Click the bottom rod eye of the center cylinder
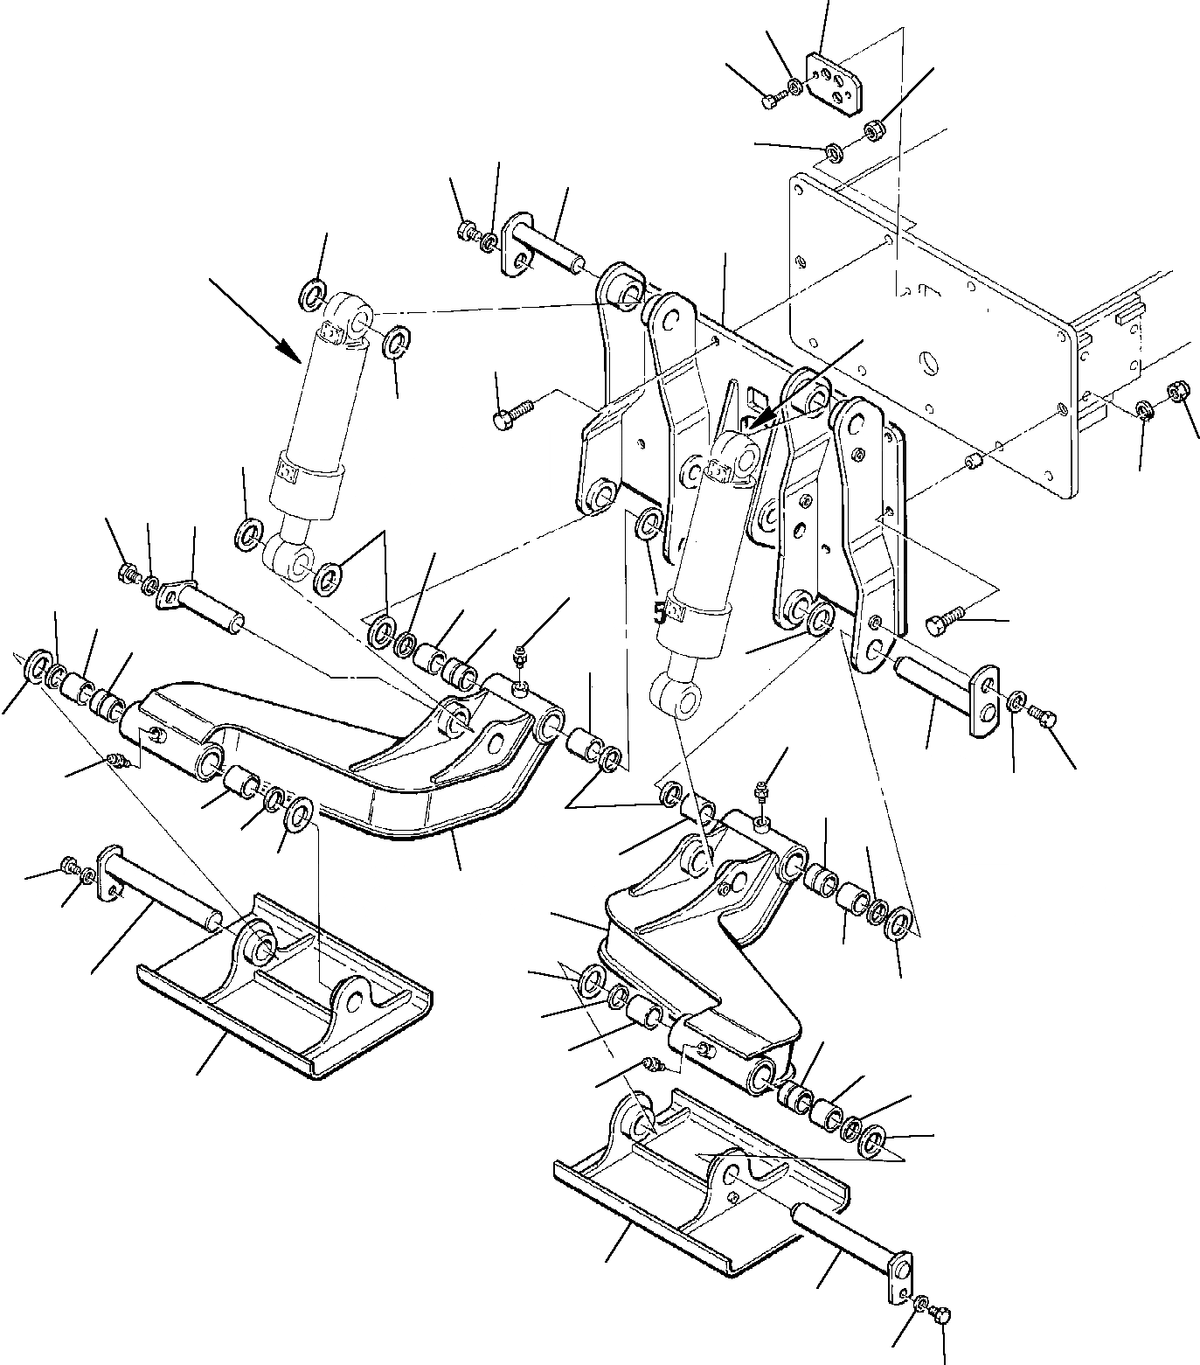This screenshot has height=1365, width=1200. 678,701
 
